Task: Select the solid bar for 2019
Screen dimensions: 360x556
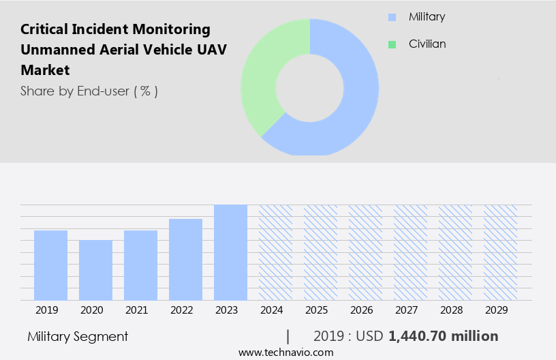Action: tap(50, 265)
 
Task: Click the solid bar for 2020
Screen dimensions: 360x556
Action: tap(95, 270)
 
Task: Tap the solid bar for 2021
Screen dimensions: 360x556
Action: tap(140, 265)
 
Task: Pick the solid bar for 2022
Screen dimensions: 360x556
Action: tap(185, 259)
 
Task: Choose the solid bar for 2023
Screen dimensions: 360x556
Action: tap(230, 252)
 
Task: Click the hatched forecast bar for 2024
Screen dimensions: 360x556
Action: tap(275, 252)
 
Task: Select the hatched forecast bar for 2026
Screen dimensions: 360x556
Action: tap(365, 252)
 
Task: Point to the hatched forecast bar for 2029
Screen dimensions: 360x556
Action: tap(500, 252)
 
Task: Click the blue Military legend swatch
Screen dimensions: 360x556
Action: tap(391, 17)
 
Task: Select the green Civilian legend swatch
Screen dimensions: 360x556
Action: tap(391, 44)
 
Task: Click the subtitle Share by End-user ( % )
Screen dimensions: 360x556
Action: tap(89, 91)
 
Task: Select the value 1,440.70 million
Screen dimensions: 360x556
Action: tap(443, 336)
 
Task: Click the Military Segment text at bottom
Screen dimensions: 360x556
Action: tap(78, 336)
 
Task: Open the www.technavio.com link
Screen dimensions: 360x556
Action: tap(286, 352)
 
